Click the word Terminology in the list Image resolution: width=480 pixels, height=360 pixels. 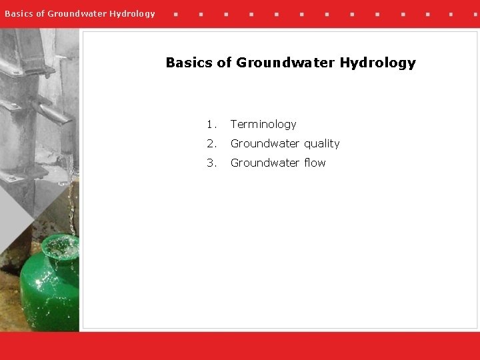263,125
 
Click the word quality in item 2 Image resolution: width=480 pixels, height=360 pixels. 322,144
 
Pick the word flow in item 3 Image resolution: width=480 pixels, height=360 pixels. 314,163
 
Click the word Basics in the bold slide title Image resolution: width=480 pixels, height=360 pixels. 189,63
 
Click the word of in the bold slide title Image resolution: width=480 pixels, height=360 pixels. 225,63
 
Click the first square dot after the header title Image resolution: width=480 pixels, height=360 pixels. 175,13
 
